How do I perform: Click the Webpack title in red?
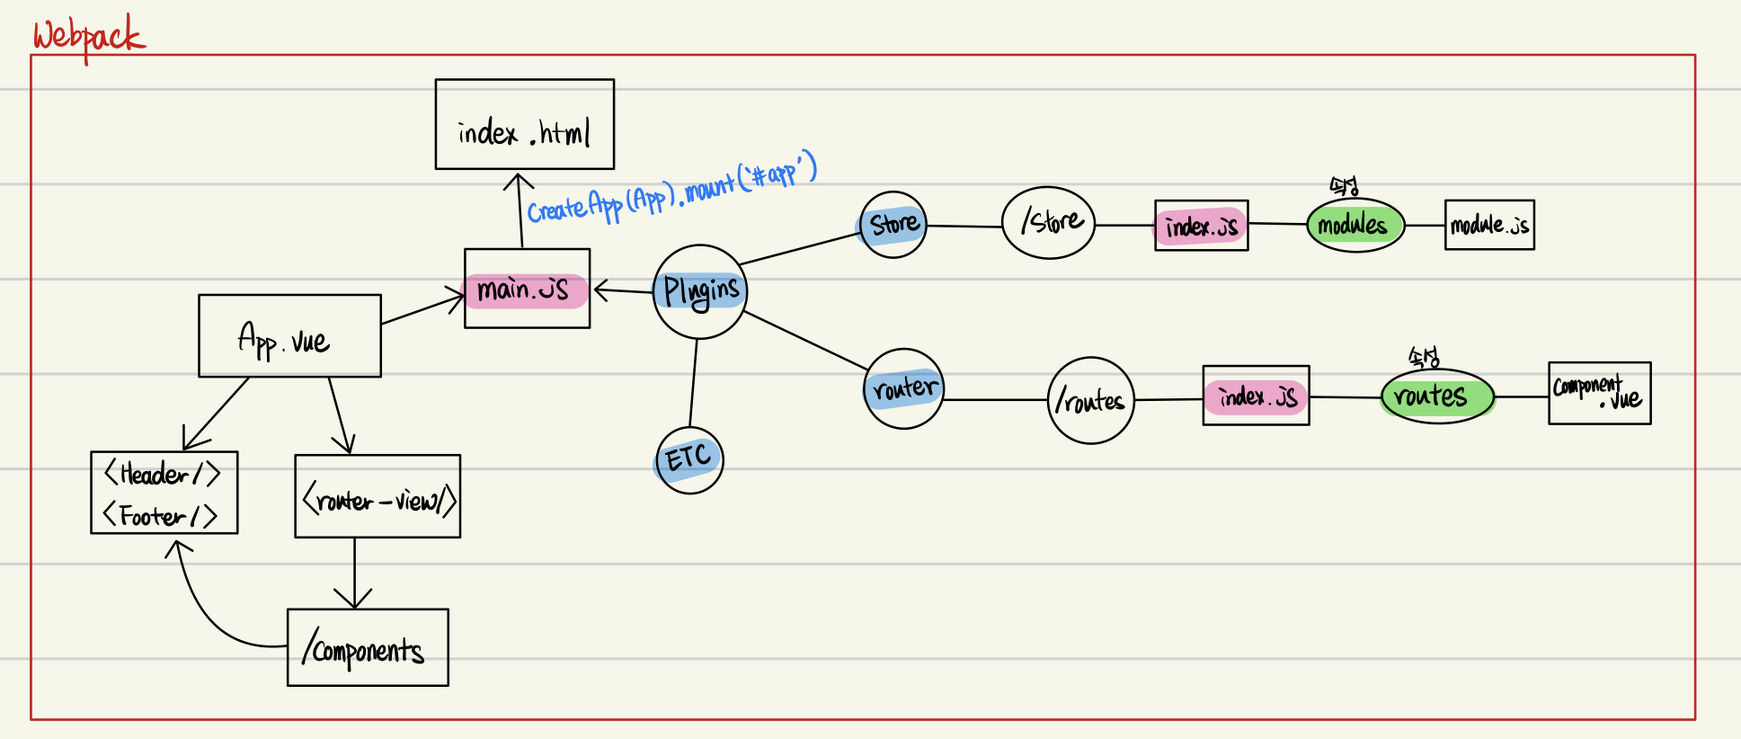88,37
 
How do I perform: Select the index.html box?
524,124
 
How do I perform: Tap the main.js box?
527,289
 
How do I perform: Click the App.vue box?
289,335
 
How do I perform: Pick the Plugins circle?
700,291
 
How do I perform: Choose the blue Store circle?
893,225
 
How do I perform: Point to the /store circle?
1048,223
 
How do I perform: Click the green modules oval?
1355,225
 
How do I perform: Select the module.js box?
1489,225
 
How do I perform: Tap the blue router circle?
904,388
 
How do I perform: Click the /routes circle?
1090,400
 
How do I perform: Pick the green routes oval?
1436,396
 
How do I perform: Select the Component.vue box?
1599,393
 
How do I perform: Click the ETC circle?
689,459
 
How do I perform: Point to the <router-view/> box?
378,496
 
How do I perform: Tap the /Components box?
368,647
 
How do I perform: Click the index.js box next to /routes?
1256,396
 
